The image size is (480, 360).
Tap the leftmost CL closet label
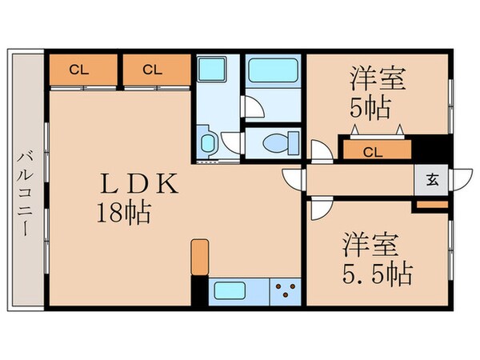(78, 70)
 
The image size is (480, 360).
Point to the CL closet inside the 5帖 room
(372, 150)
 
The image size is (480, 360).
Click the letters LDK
(136, 184)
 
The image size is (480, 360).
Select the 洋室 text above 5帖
(378, 79)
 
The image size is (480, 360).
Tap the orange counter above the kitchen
(200, 256)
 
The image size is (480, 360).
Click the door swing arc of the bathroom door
(252, 106)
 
